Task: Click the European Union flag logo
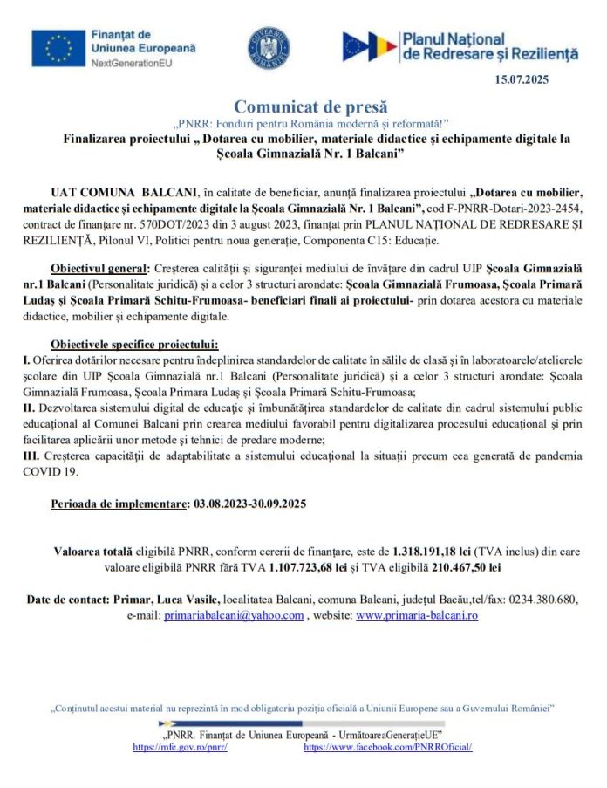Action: click(x=58, y=48)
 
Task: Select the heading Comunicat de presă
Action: click(x=303, y=107)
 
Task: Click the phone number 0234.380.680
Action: click(x=541, y=600)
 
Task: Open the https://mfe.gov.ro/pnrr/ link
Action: click(x=180, y=748)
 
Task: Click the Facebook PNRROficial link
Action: click(x=387, y=748)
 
